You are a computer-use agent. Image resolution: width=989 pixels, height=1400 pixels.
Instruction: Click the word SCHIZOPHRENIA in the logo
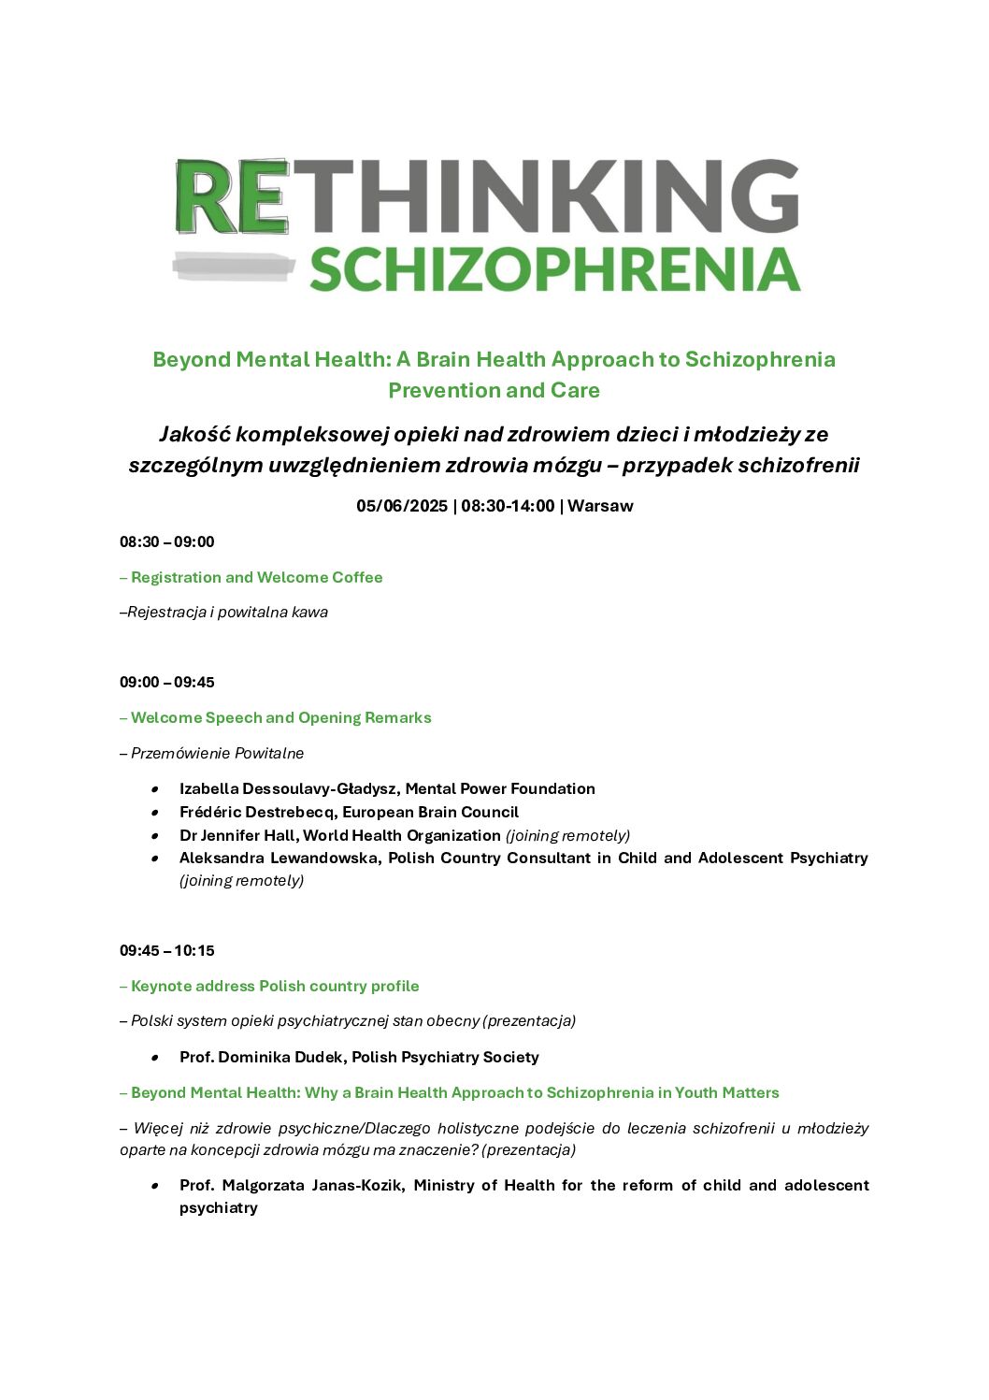click(x=554, y=269)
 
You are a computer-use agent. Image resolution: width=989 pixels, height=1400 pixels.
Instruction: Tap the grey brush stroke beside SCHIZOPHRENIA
click(x=234, y=267)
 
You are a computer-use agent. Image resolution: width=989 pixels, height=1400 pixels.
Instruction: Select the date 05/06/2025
click(x=402, y=506)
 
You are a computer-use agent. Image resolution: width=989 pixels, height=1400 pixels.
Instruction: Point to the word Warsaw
click(x=600, y=506)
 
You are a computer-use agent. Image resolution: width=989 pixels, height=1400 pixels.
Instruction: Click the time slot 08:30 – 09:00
click(x=166, y=541)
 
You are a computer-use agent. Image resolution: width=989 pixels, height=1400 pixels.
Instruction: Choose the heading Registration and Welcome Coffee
click(x=256, y=577)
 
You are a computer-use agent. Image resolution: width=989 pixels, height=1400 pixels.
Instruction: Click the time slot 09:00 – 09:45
click(x=166, y=682)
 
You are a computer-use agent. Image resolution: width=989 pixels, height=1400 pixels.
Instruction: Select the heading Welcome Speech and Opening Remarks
click(x=280, y=717)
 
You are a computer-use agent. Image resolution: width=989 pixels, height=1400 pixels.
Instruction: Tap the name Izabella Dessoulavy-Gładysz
click(x=287, y=788)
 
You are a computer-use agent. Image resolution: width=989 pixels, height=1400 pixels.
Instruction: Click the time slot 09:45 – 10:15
click(x=166, y=950)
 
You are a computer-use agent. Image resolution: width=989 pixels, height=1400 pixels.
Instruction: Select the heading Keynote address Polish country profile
click(x=275, y=986)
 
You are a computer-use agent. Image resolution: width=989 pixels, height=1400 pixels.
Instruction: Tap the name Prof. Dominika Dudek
click(x=261, y=1057)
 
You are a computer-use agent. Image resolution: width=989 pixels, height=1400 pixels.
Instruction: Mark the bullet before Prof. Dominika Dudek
click(x=154, y=1058)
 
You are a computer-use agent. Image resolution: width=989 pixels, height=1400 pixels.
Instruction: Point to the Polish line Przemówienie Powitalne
click(x=217, y=753)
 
